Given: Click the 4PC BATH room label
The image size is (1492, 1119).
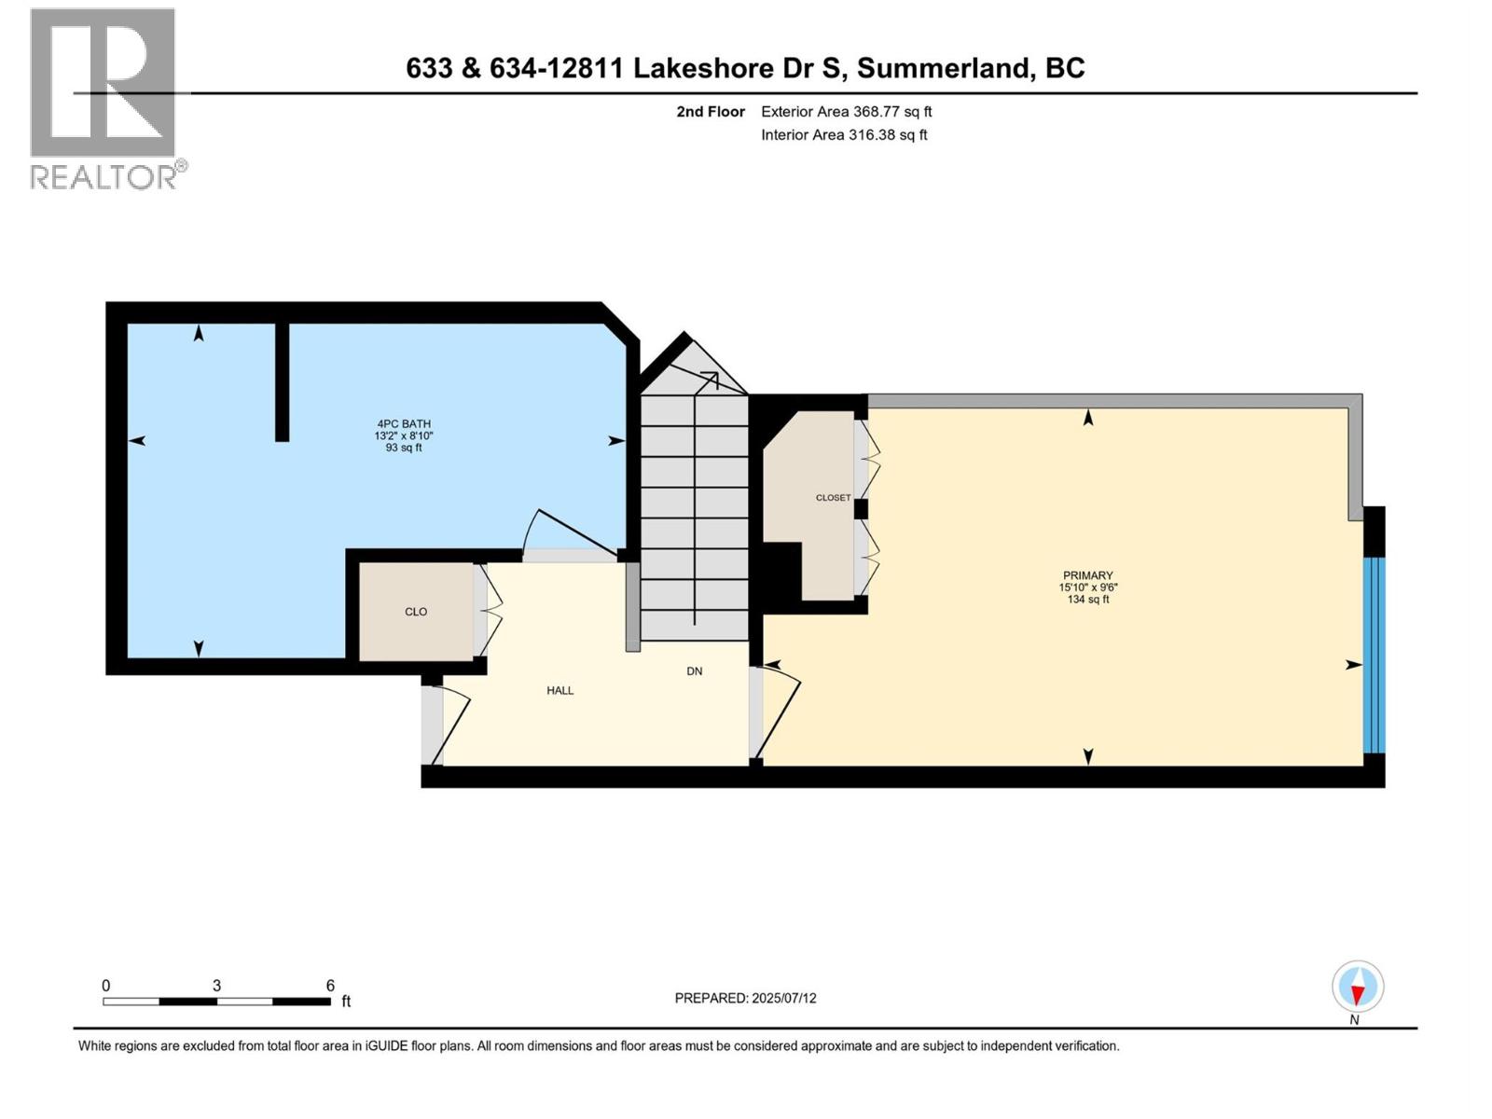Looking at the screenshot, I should (x=403, y=424).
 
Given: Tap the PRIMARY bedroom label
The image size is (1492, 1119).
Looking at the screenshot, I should (x=1087, y=575).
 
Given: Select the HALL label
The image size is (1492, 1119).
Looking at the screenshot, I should (x=559, y=691).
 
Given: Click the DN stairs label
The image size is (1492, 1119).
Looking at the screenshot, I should (x=694, y=671).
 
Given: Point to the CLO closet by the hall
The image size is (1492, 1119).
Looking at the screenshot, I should (x=416, y=612).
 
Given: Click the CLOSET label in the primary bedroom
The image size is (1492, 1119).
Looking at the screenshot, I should (x=833, y=498).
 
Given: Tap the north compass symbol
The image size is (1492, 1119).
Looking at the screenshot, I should (x=1357, y=988).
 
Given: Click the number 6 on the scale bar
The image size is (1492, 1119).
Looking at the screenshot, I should (x=330, y=986).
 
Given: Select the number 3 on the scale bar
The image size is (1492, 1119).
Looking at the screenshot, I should (x=216, y=986).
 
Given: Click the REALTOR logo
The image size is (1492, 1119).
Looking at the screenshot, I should (x=104, y=98).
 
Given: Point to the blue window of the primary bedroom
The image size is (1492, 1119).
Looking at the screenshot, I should (x=1374, y=655).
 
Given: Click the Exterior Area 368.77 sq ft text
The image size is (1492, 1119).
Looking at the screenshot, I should (x=846, y=112).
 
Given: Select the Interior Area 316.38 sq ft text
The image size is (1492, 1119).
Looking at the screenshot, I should (x=844, y=135).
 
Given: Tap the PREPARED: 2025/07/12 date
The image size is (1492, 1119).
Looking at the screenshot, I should (x=745, y=998).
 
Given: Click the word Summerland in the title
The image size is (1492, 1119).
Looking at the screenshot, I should (x=943, y=68).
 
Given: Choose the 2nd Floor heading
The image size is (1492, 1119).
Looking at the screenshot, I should (x=711, y=112).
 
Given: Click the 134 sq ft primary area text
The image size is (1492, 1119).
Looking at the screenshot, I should (x=1087, y=600).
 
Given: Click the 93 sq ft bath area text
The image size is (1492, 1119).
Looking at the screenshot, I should (x=403, y=448).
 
